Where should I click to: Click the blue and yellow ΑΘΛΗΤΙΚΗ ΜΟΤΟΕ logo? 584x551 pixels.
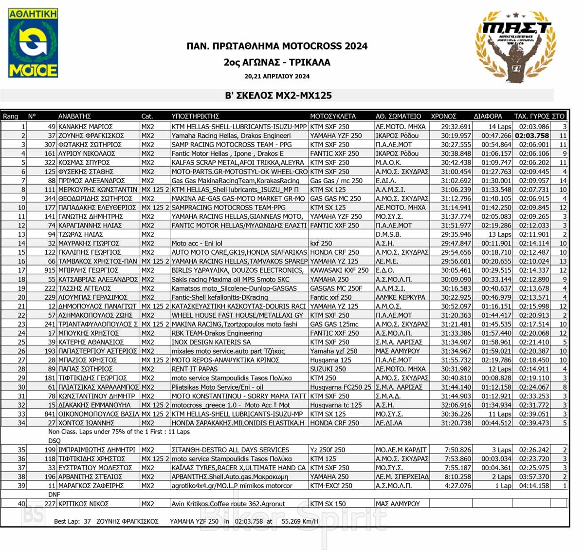33,43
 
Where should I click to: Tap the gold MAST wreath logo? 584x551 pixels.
516,47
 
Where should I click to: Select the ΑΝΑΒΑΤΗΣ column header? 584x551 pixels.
74,116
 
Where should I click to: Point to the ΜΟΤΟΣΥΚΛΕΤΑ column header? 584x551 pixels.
333,116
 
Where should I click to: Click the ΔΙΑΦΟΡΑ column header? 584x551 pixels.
488,116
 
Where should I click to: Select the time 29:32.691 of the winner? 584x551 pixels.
456,127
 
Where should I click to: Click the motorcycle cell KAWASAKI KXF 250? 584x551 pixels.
339,270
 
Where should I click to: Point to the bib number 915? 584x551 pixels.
50,270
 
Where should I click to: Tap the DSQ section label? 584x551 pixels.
54,441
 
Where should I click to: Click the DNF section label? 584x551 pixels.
54,494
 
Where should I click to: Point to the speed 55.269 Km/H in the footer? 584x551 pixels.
300,521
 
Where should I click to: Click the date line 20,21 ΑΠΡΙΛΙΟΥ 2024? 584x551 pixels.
277,76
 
